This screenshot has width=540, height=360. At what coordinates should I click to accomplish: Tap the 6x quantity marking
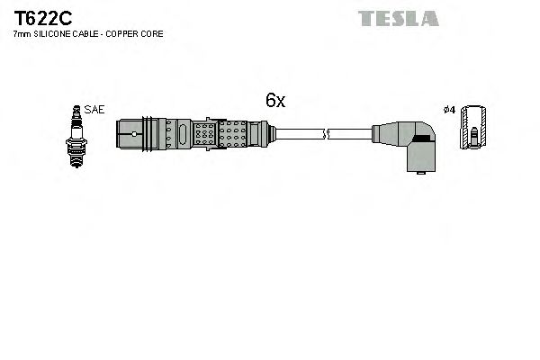(x=274, y=102)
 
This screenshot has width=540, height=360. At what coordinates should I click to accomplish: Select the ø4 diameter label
(x=450, y=109)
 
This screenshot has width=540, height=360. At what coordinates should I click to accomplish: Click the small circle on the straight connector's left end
(x=135, y=136)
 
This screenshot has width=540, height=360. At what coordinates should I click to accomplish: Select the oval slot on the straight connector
(x=183, y=136)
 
